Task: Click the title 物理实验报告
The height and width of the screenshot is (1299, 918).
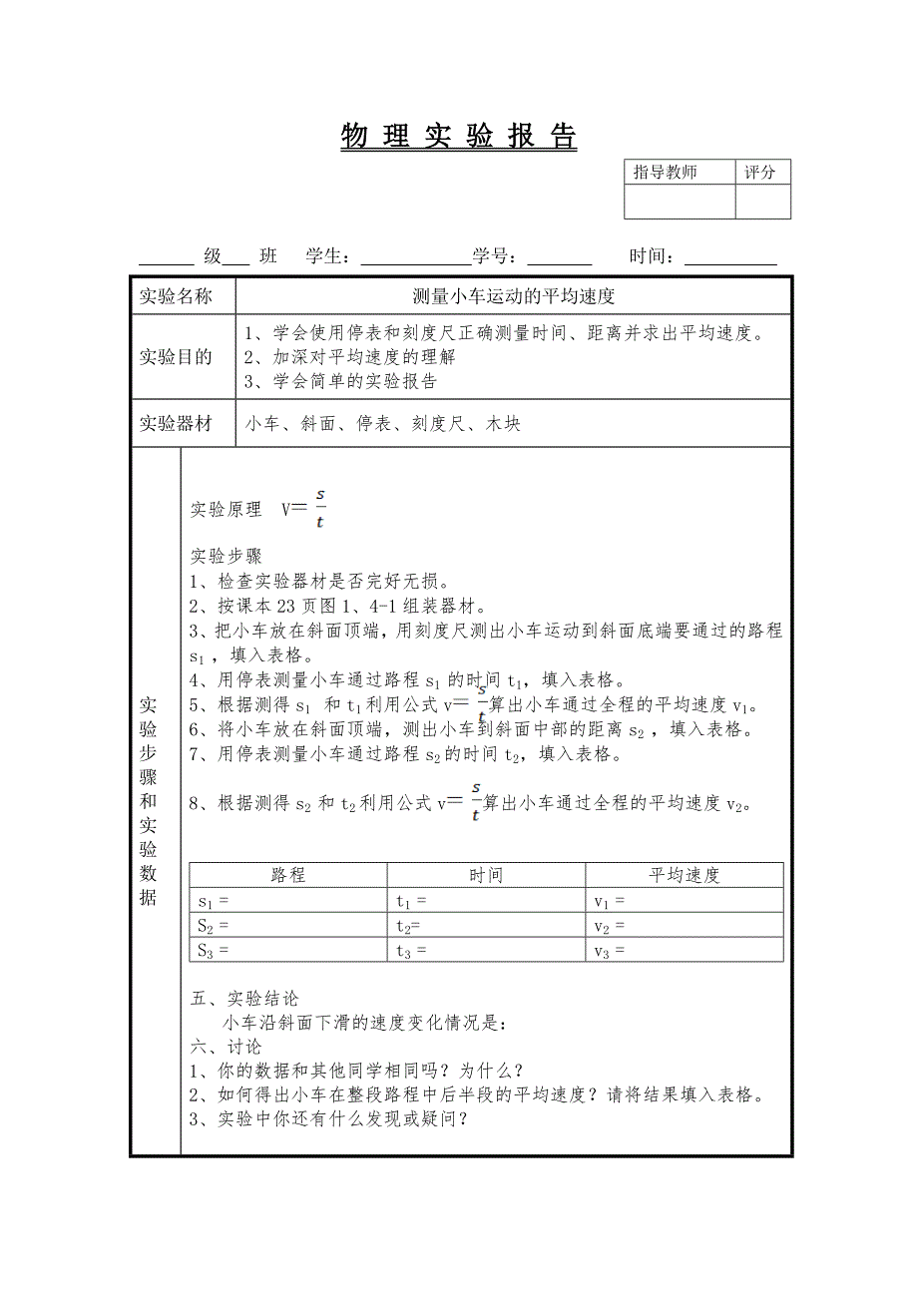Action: (x=459, y=137)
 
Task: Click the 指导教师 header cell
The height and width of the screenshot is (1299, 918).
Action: (x=666, y=173)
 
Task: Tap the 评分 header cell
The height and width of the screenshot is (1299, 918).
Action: (x=761, y=173)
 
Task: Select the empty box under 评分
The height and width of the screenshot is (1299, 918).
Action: (x=762, y=202)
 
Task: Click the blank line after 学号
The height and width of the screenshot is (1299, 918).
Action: (x=559, y=257)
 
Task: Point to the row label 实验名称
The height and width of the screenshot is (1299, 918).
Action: (x=176, y=296)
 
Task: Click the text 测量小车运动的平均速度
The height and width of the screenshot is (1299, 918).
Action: (x=513, y=296)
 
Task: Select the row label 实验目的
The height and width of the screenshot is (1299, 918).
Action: (x=176, y=357)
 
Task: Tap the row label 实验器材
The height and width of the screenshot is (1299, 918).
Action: (x=176, y=424)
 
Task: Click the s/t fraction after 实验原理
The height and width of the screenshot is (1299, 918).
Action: (x=320, y=508)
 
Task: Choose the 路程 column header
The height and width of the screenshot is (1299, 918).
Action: (x=288, y=875)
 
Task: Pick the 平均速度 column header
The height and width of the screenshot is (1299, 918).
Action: (x=684, y=875)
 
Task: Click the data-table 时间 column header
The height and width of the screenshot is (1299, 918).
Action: (x=486, y=875)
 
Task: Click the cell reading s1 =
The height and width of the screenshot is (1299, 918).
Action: (x=287, y=901)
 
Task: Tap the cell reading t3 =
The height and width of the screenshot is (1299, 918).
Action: (x=486, y=951)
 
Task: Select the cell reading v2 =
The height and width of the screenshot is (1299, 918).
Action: (x=684, y=926)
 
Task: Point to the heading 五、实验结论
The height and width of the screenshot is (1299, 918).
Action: (x=244, y=999)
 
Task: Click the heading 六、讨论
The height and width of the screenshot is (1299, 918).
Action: (x=227, y=1047)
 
